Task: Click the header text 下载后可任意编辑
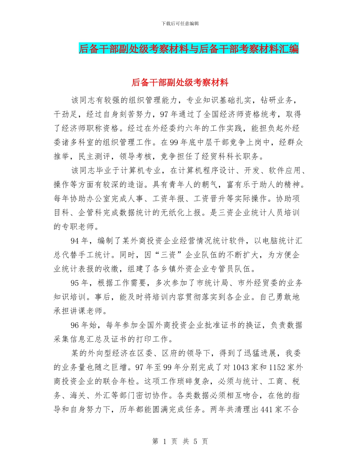point(180,23)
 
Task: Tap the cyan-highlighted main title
point(188,49)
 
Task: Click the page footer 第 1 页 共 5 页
point(180,441)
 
